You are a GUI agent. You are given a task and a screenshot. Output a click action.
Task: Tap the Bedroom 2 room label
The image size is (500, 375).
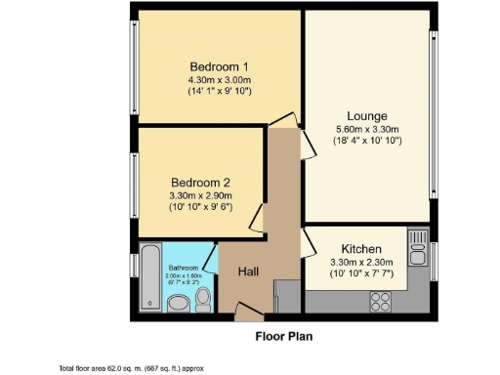(200, 183)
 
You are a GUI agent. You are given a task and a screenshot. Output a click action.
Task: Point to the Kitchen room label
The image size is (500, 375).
(360, 248)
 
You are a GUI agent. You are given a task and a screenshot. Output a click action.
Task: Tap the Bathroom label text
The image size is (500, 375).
(183, 268)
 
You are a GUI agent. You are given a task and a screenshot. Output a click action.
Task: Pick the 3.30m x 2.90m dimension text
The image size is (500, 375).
(200, 195)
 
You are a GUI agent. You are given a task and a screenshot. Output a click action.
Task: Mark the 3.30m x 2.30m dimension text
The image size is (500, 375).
(360, 261)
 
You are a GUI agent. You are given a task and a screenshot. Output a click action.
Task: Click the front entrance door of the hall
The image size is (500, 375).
(248, 313)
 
